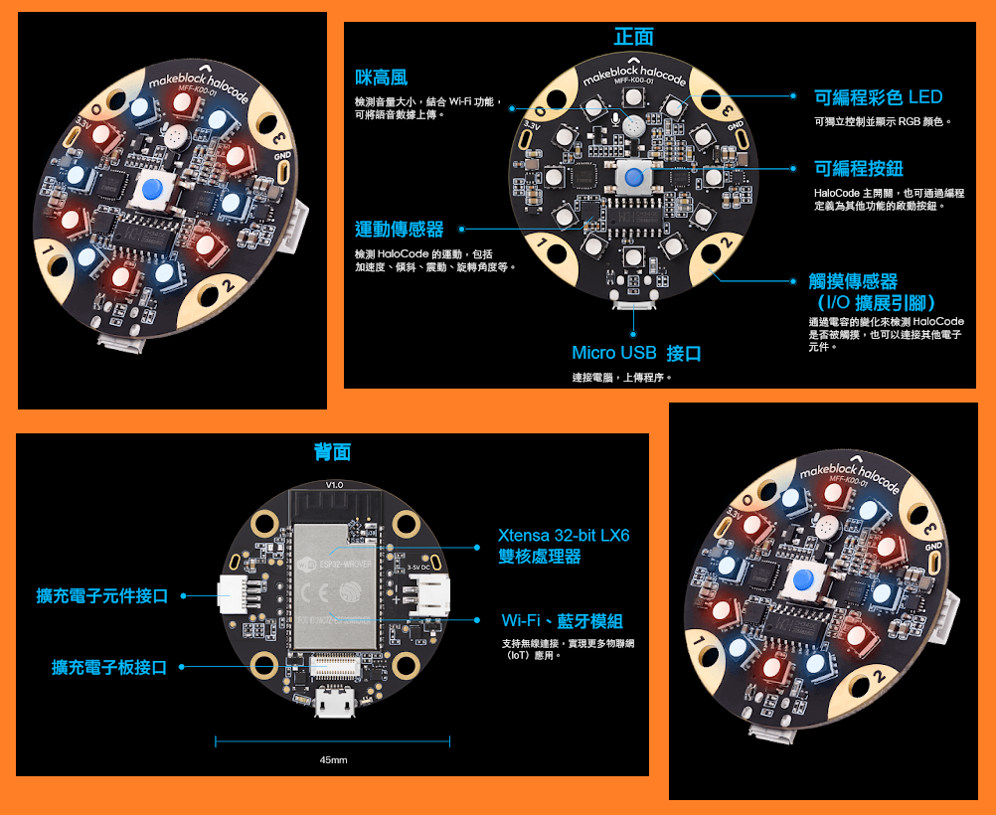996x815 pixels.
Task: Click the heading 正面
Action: click(x=633, y=38)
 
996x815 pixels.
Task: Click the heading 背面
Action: click(x=332, y=453)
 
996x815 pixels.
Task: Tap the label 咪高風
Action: click(x=381, y=78)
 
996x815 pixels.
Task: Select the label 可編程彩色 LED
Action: click(x=878, y=97)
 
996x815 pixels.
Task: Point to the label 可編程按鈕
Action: click(x=859, y=169)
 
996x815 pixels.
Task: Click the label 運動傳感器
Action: click(x=400, y=230)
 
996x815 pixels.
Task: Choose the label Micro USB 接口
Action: click(x=636, y=354)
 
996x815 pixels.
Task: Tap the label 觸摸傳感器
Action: click(x=854, y=282)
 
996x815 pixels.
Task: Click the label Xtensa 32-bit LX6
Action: click(x=564, y=537)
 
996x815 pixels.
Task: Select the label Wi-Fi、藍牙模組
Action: click(x=562, y=621)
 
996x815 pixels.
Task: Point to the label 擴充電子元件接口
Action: click(x=102, y=596)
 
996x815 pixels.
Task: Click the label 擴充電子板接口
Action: click(x=109, y=668)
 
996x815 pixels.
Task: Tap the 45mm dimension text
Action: click(x=333, y=760)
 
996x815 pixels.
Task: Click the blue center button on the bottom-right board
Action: click(x=806, y=582)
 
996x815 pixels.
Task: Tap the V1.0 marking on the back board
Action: click(x=334, y=484)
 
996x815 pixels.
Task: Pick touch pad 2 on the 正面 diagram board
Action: click(x=723, y=247)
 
